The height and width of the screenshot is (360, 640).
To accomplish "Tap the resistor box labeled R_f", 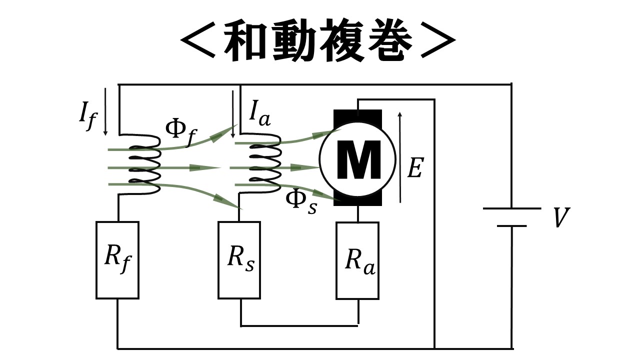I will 117,260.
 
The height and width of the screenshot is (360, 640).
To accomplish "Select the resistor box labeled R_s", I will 239,260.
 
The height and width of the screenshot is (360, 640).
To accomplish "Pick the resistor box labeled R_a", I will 357,260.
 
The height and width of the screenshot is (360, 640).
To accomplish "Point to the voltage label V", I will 561,218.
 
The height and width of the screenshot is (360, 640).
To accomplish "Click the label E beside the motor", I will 414,168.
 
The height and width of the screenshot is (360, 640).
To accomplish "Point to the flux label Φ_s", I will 300,201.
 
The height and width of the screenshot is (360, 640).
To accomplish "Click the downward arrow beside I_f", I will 105,112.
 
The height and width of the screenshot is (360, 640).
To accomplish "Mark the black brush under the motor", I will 357,200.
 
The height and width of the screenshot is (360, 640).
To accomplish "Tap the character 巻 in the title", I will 389,41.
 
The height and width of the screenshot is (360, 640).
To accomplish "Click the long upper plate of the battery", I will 511,208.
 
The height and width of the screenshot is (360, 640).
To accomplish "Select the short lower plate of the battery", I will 511,226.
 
